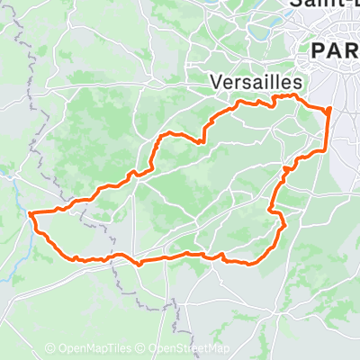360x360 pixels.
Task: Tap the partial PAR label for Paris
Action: (x=334, y=51)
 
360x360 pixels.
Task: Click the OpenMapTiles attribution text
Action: (x=94, y=348)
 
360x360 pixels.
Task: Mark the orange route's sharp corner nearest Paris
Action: (x=329, y=109)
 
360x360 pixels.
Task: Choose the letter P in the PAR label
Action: (x=317, y=51)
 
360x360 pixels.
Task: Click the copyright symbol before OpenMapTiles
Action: (x=50, y=348)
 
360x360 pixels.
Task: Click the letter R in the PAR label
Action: (x=352, y=51)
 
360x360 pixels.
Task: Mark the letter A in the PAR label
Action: (x=334, y=51)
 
